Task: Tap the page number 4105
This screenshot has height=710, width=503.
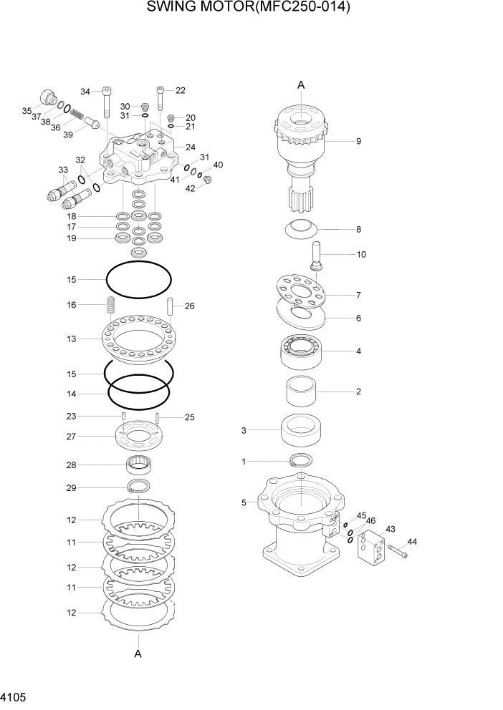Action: click(14, 696)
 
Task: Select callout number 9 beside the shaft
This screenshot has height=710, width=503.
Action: click(358, 141)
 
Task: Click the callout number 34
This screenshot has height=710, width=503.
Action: click(85, 92)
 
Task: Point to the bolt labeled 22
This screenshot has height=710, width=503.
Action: click(160, 104)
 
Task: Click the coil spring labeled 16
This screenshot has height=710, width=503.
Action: click(110, 306)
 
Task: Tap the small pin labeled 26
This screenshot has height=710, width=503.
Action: click(171, 307)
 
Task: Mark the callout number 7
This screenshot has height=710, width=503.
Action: click(358, 295)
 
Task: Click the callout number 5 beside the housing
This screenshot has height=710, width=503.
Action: click(244, 503)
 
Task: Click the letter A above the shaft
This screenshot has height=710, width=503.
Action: click(301, 85)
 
